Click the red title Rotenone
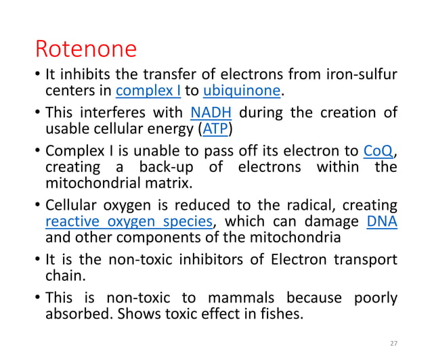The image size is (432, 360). point(85,49)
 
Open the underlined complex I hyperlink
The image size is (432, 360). point(144,91)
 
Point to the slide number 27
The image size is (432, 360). point(394,343)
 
